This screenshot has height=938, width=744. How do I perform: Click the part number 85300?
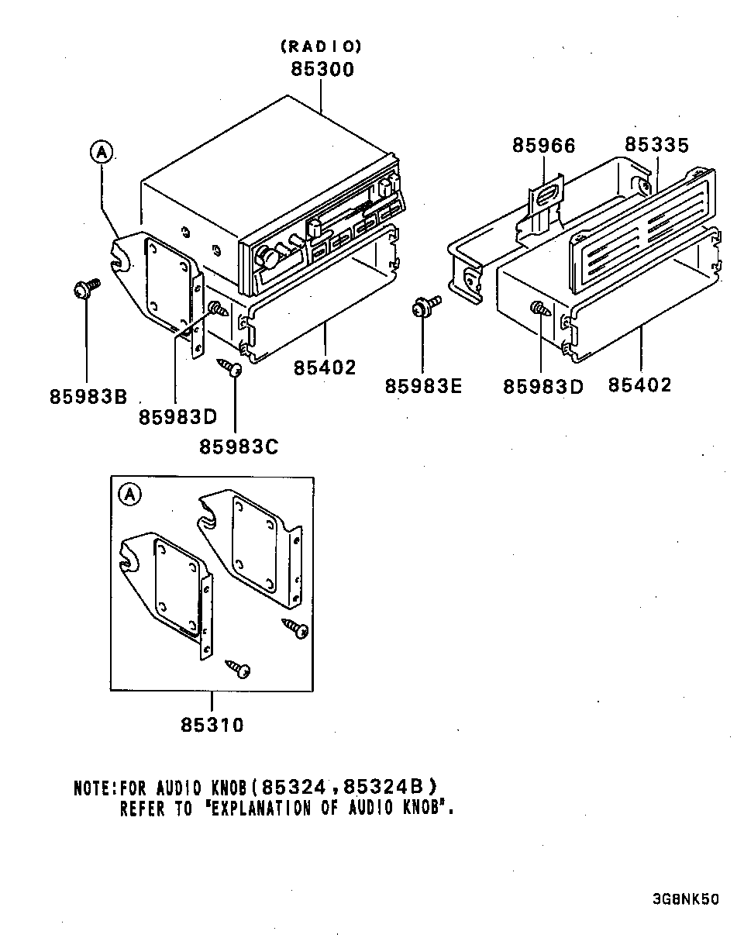click(x=322, y=69)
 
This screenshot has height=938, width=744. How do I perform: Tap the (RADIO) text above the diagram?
click(x=321, y=47)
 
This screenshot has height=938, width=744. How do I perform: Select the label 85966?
click(x=543, y=145)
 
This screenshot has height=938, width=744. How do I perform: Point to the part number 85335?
click(x=656, y=145)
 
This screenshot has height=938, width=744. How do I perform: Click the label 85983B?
click(x=88, y=395)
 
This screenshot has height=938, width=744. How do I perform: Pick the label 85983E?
click(x=423, y=385)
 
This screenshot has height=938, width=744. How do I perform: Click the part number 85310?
click(x=212, y=725)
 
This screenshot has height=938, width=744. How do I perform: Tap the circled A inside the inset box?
click(x=129, y=493)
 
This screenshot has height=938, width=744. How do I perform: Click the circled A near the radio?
click(x=101, y=152)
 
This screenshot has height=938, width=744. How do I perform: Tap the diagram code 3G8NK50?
click(x=685, y=900)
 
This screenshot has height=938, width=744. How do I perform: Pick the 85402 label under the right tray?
click(x=639, y=385)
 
